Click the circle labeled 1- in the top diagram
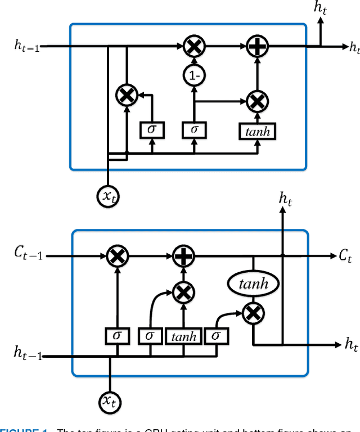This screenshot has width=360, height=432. (x=193, y=76)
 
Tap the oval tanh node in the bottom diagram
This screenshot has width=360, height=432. (x=253, y=284)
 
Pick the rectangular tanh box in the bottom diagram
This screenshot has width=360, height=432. (x=184, y=336)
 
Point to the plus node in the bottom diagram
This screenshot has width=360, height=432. (x=182, y=256)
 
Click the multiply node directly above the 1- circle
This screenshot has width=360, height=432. (x=193, y=47)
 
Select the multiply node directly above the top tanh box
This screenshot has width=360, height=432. (x=256, y=101)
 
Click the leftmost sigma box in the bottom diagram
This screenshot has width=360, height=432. (x=117, y=336)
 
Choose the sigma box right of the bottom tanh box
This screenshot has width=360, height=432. (x=215, y=336)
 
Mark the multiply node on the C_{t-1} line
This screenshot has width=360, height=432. (x=117, y=256)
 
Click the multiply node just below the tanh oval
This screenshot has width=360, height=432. (x=253, y=313)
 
